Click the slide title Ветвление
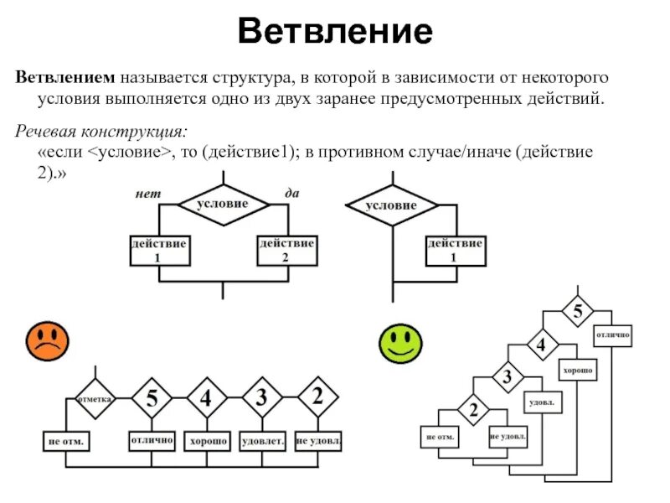pos(335,33)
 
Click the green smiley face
pos(400,342)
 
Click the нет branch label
pos(147,193)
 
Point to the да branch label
pos(292,193)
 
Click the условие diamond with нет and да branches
pos(222,204)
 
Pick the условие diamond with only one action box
pos(392,205)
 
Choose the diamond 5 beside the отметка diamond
pos(152,399)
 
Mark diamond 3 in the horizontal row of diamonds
pos(262,399)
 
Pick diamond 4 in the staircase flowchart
pos(541,345)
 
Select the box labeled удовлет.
pos(263,440)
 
